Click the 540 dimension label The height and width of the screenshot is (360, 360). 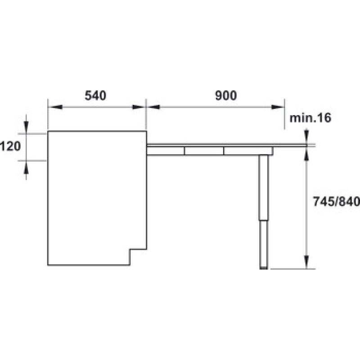click(95, 95)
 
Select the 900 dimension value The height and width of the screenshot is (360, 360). click(226, 95)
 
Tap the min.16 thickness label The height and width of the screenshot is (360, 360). click(310, 118)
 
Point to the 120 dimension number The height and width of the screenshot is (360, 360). click(10, 146)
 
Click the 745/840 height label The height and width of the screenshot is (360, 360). click(336, 202)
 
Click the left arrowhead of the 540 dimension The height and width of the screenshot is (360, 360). click(55, 107)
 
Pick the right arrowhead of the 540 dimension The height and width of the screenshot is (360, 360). click(139, 107)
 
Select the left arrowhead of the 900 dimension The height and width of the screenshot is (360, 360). click(153, 107)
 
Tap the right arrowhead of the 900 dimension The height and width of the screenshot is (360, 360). click(278, 107)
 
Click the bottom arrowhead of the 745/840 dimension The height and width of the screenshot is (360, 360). click(306, 262)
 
